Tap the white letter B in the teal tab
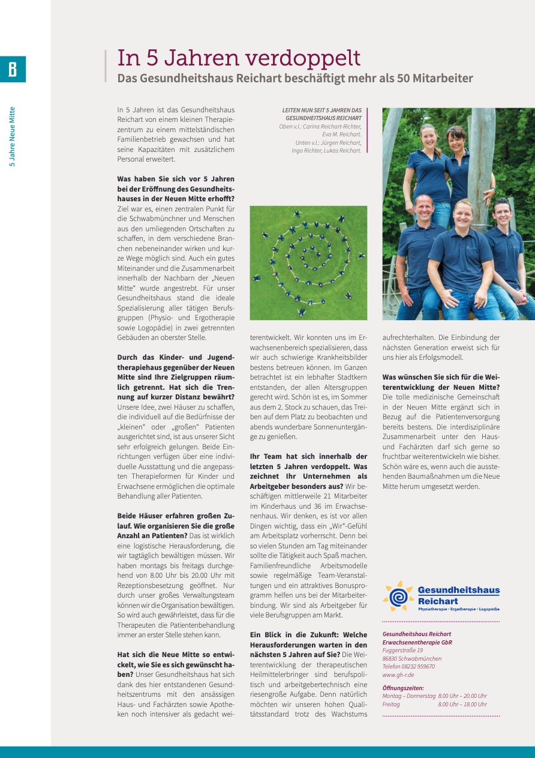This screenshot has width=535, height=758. pyautogui.click(x=13, y=70)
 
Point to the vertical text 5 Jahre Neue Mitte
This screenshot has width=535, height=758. pyautogui.click(x=12, y=137)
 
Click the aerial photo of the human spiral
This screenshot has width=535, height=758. pyautogui.click(x=308, y=262)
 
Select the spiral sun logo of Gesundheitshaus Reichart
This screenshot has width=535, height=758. pyautogui.click(x=398, y=596)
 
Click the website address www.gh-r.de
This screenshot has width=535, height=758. pyautogui.click(x=398, y=675)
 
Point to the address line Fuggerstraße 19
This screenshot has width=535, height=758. pyautogui.click(x=402, y=650)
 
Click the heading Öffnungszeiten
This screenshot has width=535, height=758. pyautogui.click(x=403, y=688)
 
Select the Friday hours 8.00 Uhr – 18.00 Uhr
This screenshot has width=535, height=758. pyautogui.click(x=462, y=705)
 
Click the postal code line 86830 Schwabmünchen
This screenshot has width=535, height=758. pyautogui.click(x=412, y=659)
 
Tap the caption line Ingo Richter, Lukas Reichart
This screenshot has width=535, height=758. pyautogui.click(x=326, y=151)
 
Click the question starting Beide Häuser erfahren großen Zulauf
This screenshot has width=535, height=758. pyautogui.click(x=176, y=526)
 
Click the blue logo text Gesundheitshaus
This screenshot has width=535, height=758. pyautogui.click(x=458, y=590)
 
